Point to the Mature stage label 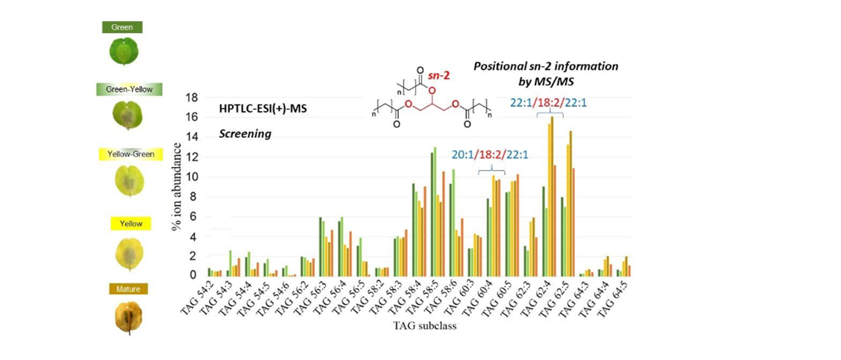(129, 288)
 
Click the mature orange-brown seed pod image (129, 317)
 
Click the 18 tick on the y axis (193, 98)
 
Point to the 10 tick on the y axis (193, 177)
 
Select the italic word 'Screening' (245, 133)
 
